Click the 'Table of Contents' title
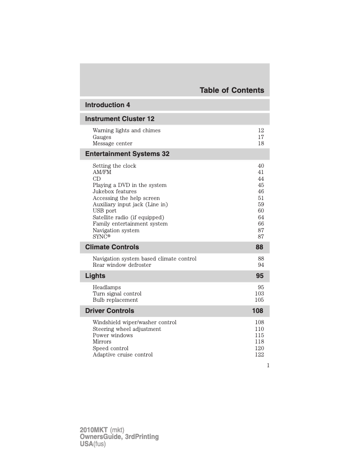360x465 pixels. coord(232,91)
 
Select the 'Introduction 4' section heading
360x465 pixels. coord(108,105)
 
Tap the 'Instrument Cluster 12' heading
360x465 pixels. coord(120,119)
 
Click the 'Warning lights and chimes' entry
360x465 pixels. coord(127,130)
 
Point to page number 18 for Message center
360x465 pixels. coord(261,143)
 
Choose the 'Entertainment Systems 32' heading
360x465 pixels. coord(127,154)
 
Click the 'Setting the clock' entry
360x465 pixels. coord(114,166)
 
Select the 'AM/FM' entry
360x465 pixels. coord(102,172)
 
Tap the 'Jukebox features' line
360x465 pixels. coord(114,191)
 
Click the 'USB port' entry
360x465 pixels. coord(105,211)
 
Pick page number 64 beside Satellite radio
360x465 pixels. coord(261,217)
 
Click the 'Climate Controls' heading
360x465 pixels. coord(112,247)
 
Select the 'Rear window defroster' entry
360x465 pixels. coord(122,265)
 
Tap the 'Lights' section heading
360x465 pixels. coord(95,276)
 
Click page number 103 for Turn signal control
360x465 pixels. coord(259,294)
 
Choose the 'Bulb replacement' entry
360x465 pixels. coord(115,300)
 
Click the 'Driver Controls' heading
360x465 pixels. coord(110,311)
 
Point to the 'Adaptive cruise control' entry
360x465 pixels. coord(123,355)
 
